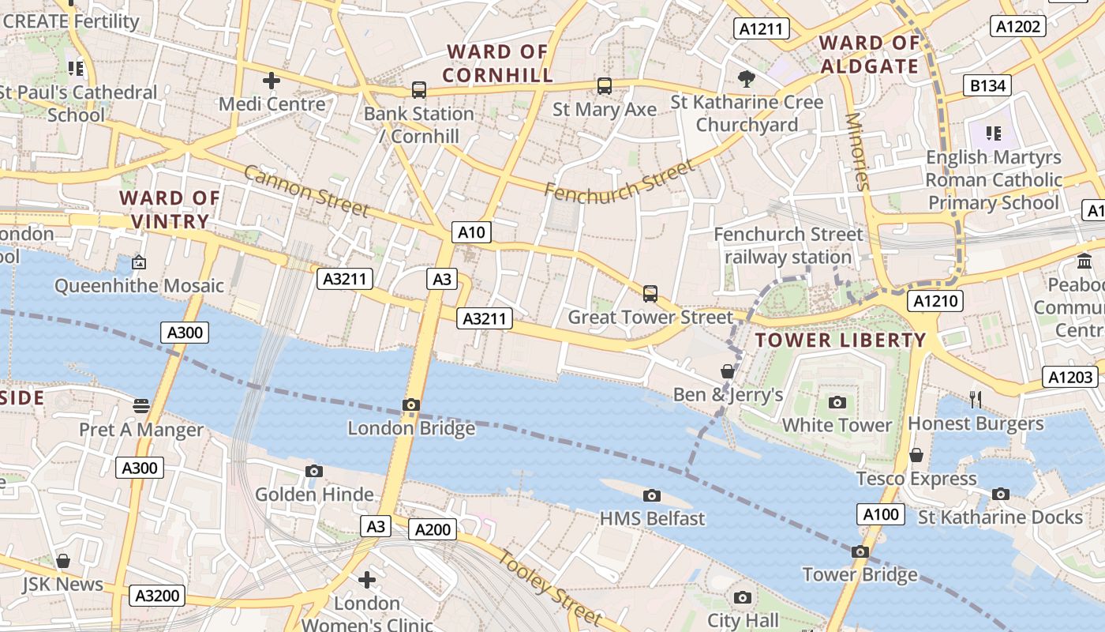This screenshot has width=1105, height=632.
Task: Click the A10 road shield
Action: click(471, 232)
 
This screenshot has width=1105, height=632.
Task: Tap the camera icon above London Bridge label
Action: click(410, 405)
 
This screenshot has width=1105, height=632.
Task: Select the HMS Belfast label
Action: click(652, 519)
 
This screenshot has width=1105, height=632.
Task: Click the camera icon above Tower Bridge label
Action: click(860, 552)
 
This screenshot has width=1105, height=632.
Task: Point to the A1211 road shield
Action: click(762, 29)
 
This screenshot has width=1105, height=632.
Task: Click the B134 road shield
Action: click(987, 85)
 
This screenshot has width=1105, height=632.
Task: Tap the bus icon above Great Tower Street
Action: click(650, 294)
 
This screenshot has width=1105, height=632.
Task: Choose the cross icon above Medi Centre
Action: click(272, 81)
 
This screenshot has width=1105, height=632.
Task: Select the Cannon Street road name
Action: click(306, 190)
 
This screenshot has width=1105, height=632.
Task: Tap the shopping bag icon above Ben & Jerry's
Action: click(728, 371)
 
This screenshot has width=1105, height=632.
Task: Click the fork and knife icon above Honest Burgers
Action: click(976, 400)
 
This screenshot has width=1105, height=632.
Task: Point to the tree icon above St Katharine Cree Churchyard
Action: click(746, 78)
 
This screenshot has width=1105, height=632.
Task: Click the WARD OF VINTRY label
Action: click(170, 209)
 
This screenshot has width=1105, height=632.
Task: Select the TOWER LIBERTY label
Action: click(841, 340)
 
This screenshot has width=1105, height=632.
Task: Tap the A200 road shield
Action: click(433, 530)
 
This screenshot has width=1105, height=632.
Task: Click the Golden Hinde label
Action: click(314, 495)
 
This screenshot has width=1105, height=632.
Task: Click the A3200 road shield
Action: click(157, 596)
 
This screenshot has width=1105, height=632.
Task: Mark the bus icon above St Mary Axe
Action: click(604, 86)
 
